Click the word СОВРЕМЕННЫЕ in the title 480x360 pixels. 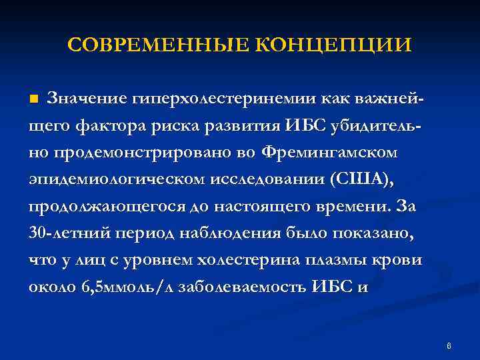pyautogui.click(x=158, y=46)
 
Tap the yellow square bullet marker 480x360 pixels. pyautogui.click(x=35, y=100)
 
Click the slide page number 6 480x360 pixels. pyautogui.click(x=449, y=346)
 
